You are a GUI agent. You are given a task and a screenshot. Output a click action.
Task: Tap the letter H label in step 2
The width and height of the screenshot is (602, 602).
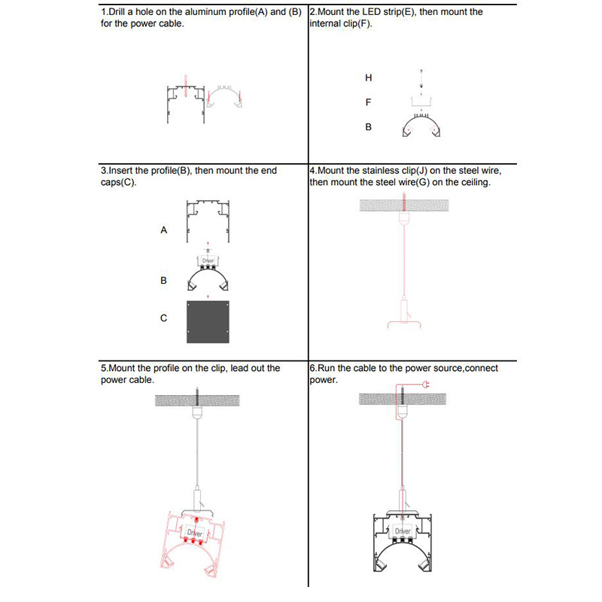(x=368, y=78)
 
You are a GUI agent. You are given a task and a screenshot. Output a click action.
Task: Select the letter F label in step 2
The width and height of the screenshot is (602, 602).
(x=368, y=102)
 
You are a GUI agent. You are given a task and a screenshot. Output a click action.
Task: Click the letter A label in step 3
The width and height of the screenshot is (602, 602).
(x=163, y=230)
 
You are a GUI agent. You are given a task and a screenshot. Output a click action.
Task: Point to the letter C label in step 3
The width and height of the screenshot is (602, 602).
(x=163, y=318)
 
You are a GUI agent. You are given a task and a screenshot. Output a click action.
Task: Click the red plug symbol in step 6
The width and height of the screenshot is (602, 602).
(x=425, y=385)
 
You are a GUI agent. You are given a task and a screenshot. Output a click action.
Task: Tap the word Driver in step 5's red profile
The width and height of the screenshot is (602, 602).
(x=195, y=533)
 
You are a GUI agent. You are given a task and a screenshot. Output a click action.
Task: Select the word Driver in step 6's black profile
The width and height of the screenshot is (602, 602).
(x=403, y=531)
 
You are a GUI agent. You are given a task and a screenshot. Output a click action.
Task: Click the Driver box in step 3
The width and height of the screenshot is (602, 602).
(x=208, y=260)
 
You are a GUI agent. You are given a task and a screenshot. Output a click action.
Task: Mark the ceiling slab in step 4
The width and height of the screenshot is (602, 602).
(x=405, y=205)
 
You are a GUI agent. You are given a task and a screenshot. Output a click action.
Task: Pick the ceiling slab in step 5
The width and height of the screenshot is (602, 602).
(x=197, y=400)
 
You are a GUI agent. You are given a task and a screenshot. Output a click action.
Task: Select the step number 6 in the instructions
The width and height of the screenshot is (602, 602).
(x=312, y=369)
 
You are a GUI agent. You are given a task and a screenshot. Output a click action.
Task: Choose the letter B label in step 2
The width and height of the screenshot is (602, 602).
(x=368, y=127)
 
